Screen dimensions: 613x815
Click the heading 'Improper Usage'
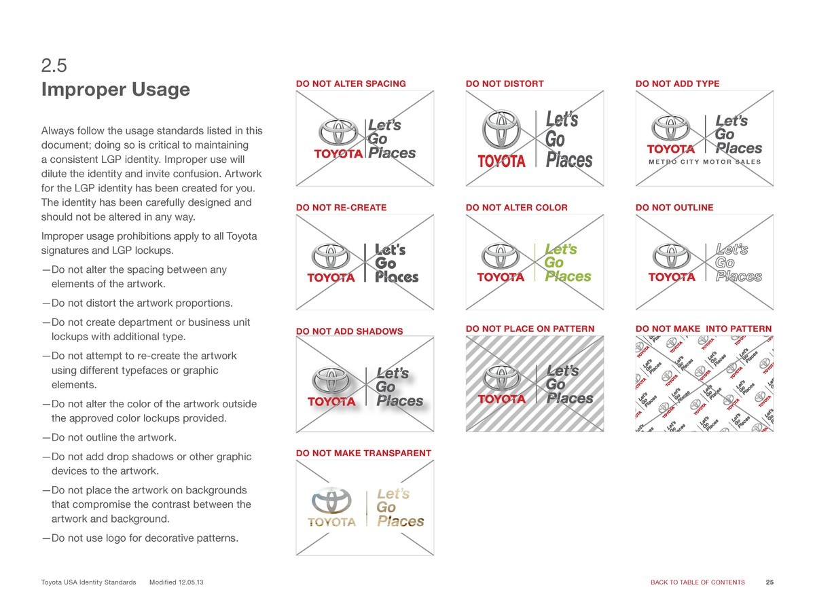(x=115, y=90)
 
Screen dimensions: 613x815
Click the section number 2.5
(x=54, y=65)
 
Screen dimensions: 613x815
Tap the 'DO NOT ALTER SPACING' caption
(x=350, y=83)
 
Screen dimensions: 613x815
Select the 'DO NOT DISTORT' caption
(x=505, y=83)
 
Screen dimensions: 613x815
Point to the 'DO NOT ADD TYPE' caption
(x=677, y=83)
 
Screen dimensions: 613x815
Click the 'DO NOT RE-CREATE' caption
(x=341, y=207)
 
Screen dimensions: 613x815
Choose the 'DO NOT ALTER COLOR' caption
(x=516, y=207)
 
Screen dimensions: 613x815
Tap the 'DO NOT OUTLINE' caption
(x=674, y=207)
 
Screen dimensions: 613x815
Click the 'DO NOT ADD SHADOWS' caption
(x=349, y=331)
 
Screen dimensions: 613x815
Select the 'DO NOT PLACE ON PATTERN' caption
(x=530, y=329)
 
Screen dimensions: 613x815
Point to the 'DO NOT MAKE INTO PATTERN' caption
(x=704, y=329)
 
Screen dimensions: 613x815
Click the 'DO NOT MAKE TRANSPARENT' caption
(x=363, y=453)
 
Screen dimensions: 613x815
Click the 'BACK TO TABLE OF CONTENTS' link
(x=698, y=582)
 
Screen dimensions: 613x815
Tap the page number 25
(x=769, y=582)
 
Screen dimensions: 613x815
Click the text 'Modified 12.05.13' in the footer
(x=176, y=582)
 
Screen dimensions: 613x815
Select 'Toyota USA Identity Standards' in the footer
(x=88, y=582)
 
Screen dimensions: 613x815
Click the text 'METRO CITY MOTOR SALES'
(x=705, y=162)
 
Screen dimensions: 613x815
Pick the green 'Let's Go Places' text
(x=567, y=263)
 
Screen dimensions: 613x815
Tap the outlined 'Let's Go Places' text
(x=738, y=263)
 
